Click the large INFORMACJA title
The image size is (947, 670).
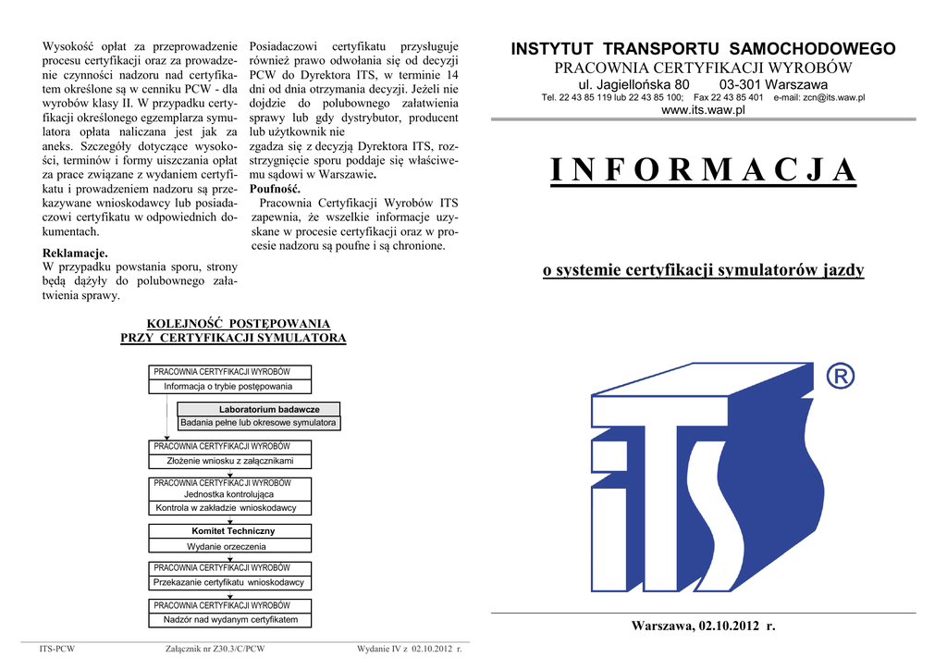(x=703, y=171)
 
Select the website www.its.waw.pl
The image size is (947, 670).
(x=703, y=110)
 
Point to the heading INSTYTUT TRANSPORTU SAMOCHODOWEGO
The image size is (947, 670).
(x=703, y=49)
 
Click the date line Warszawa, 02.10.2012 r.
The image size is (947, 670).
(x=703, y=627)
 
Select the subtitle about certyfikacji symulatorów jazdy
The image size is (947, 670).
(x=703, y=270)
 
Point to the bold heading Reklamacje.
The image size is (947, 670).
(x=76, y=253)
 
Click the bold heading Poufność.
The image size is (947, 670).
(x=276, y=189)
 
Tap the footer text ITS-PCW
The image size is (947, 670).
(x=57, y=649)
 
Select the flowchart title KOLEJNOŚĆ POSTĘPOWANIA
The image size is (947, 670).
(x=233, y=324)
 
